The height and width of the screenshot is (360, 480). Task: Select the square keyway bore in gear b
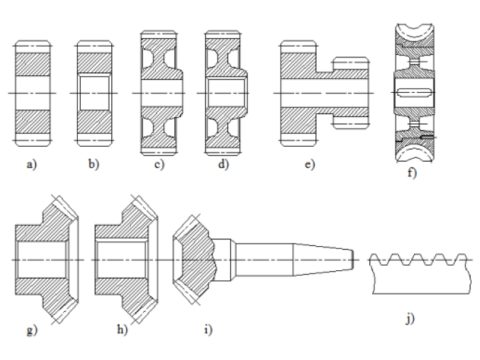tap(99, 92)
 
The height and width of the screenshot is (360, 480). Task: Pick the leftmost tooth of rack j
tap(378, 262)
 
